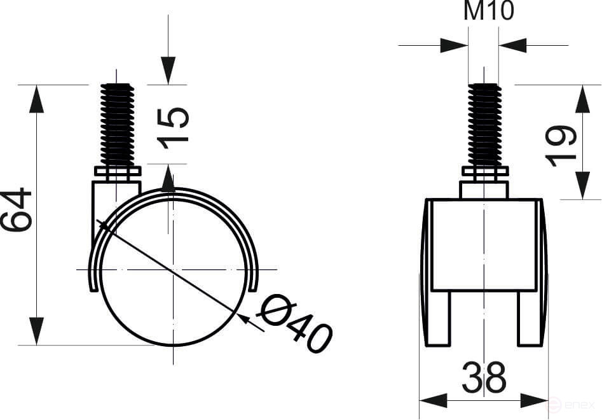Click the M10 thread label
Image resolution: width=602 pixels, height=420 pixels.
[x=488, y=11]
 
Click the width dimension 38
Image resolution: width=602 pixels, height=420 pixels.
[x=484, y=377]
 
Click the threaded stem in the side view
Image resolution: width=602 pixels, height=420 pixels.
[x=118, y=125]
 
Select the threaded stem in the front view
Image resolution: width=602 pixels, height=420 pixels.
[x=484, y=125]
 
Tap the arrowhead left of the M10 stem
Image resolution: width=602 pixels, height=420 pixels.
[x=454, y=45]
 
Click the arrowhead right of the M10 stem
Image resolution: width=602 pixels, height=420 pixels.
[x=513, y=45]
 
